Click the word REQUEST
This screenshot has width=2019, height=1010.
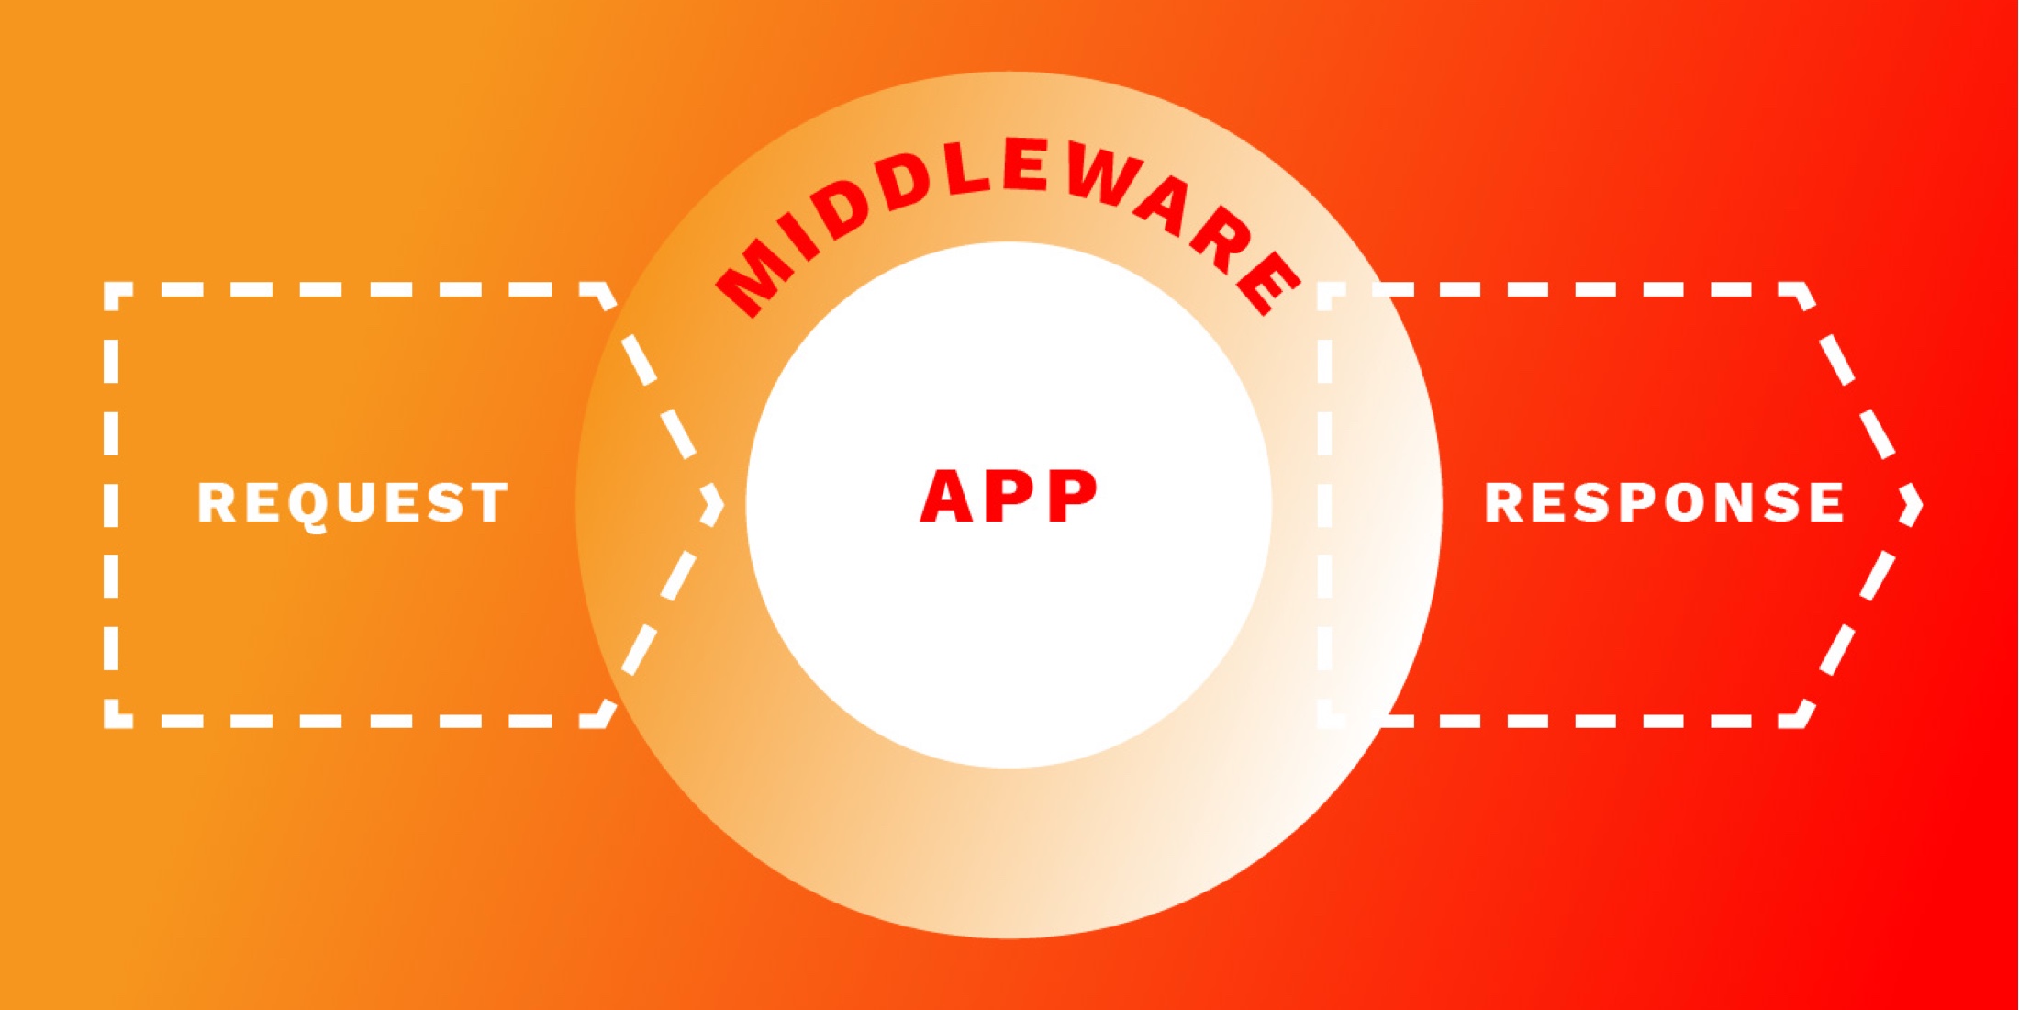click(x=353, y=503)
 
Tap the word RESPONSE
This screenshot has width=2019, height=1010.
click(x=1665, y=502)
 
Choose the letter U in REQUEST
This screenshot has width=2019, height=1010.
click(x=353, y=503)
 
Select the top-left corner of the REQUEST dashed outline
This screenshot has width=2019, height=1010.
click(x=110, y=288)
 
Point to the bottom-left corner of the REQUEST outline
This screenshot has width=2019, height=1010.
click(x=110, y=722)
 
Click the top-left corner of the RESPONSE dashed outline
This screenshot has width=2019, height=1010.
click(x=1323, y=288)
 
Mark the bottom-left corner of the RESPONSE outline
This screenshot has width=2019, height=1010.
click(x=1323, y=722)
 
